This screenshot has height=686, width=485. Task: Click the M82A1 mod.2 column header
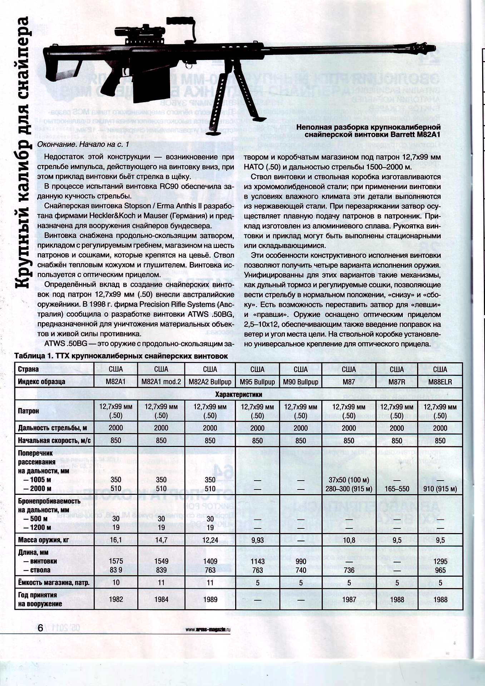pyautogui.click(x=161, y=382)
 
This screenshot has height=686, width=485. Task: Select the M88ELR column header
pyautogui.click(x=440, y=382)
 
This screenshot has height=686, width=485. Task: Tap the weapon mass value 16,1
pyautogui.click(x=116, y=540)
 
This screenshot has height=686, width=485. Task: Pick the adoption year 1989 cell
pyautogui.click(x=210, y=600)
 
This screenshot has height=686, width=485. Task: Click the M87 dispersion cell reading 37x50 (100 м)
pyautogui.click(x=349, y=480)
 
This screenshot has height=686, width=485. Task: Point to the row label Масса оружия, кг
pyautogui.click(x=44, y=540)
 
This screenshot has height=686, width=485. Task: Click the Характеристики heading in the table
pyautogui.click(x=239, y=394)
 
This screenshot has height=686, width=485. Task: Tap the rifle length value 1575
pyautogui.click(x=116, y=561)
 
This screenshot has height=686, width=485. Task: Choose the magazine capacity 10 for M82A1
pyautogui.click(x=116, y=583)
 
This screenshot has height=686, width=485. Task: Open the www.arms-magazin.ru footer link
pyautogui.click(x=208, y=630)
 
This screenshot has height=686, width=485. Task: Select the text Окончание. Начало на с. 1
pyautogui.click(x=83, y=144)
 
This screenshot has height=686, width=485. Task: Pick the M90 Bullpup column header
pyautogui.click(x=301, y=382)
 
